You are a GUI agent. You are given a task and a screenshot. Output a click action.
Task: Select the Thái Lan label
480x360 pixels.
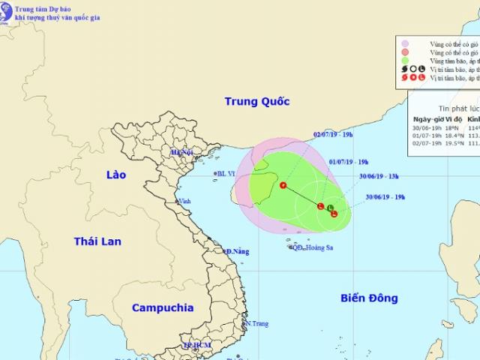point(97,241)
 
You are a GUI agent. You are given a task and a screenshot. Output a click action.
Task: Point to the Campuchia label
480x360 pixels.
point(162,307)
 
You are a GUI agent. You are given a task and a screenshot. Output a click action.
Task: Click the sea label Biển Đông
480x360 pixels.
point(369,298)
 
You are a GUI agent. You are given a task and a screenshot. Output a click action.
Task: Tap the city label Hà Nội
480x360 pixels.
point(182,153)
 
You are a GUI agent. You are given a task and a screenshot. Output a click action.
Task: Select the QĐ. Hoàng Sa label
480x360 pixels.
point(313,247)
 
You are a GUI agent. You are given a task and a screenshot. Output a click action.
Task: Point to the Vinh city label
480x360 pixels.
point(184,201)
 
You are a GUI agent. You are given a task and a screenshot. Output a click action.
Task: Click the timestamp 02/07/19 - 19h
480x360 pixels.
point(334,136)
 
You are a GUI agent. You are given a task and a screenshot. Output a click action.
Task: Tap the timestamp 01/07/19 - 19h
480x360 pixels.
point(349,161)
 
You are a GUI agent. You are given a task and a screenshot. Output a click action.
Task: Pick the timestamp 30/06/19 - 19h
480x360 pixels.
point(386,197)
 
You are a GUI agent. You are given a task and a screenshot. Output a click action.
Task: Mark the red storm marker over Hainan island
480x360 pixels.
point(283,184)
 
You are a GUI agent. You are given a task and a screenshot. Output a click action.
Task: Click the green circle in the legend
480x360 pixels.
point(404,61)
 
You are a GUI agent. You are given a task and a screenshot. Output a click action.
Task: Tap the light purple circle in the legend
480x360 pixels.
point(404,43)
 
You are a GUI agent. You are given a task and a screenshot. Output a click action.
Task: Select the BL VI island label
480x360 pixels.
point(226,174)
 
